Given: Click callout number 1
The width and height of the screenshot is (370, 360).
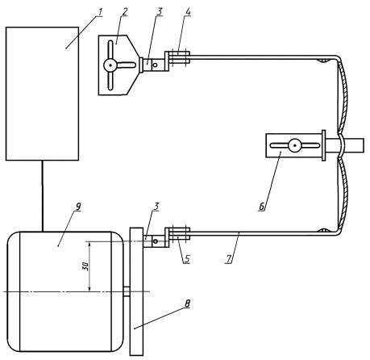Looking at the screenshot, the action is coord(100,12).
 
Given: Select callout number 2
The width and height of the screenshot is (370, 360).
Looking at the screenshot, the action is coord(124,12).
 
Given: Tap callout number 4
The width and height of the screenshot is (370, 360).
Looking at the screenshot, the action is coord(188,12).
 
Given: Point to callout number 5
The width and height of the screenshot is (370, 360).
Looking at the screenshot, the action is coord(187,259).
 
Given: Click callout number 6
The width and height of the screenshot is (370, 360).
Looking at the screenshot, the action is coord(262,207).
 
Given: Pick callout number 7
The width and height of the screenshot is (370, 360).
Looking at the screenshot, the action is coord(229,259).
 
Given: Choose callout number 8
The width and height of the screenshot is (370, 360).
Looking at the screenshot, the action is coord(187,303).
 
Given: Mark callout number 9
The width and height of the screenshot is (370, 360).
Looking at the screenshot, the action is coord(78,207).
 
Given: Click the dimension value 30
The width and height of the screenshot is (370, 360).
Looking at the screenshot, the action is coord(85,266).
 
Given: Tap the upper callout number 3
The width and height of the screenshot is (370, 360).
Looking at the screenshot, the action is coord(160,12).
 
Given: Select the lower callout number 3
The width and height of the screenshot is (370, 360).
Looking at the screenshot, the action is coord(156,207).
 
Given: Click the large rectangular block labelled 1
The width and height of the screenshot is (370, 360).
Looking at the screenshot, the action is coord(42,94).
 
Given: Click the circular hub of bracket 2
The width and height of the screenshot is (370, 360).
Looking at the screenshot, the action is coord(110,65).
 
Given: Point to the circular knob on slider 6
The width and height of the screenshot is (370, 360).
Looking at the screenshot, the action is coord(295,145).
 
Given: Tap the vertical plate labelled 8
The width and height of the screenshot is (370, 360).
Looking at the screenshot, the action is coord(137,291).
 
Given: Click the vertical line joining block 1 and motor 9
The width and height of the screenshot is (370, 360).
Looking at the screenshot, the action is coord(42,196).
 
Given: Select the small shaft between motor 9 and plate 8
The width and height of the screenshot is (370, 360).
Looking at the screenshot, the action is coord(127,291).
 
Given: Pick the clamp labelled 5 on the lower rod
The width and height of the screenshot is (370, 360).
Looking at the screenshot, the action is coord(177,233).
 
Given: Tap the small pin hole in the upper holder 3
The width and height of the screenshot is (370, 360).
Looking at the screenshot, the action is coord(155,65).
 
